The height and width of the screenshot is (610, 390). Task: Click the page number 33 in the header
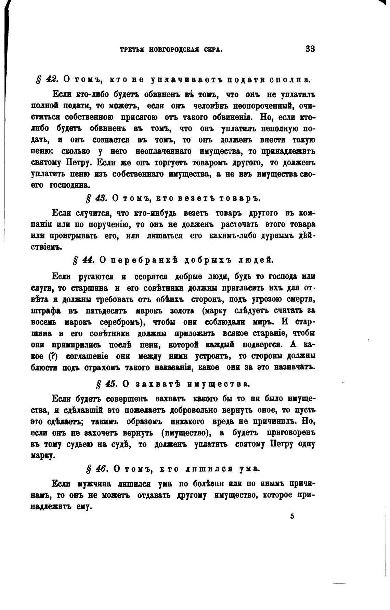(x=310, y=49)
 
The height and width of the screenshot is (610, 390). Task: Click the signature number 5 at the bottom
(x=292, y=516)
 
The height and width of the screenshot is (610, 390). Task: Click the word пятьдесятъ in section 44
(x=107, y=311)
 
